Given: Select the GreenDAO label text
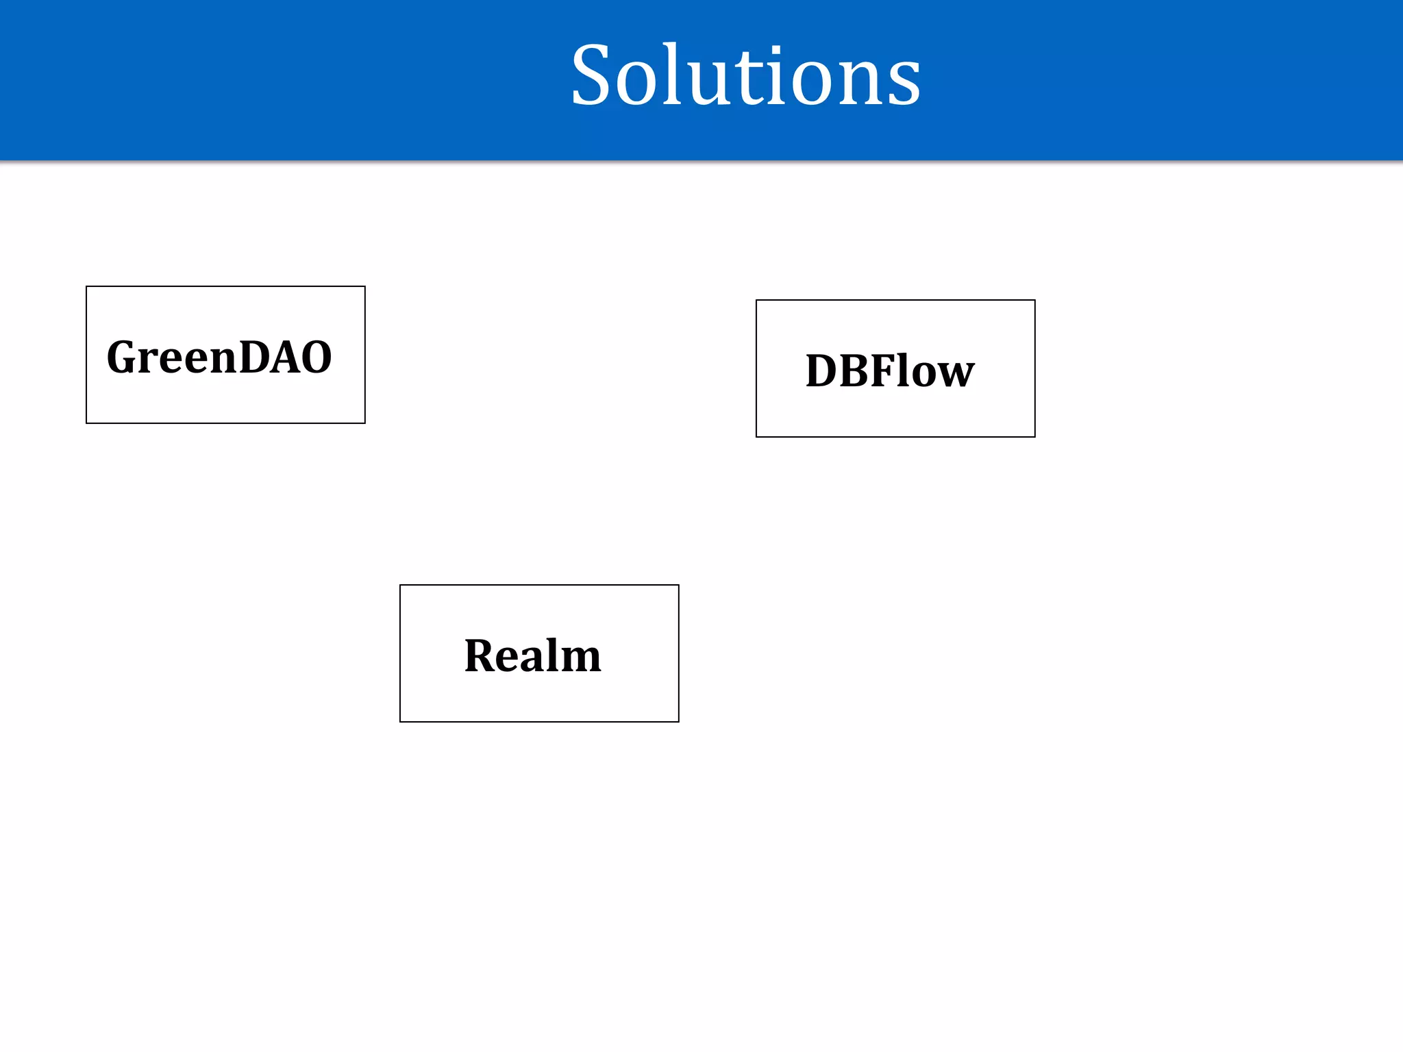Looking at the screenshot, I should pyautogui.click(x=219, y=357).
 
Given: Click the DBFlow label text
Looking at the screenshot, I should pyautogui.click(x=890, y=371).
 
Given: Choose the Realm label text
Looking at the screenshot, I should pyautogui.click(x=532, y=655).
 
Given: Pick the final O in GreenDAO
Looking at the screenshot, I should pyautogui.click(x=315, y=357).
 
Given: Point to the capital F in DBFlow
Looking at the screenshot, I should pyautogui.click(x=884, y=371).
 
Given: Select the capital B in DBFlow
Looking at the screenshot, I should pyautogui.click(x=856, y=371).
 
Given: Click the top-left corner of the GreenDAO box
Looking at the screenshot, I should pyautogui.click(x=86, y=286).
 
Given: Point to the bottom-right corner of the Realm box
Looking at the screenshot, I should pyautogui.click(x=678, y=721).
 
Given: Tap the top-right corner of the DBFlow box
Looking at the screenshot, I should pyautogui.click(x=1034, y=300).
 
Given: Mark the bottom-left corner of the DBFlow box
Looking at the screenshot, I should pyautogui.click(x=756, y=436).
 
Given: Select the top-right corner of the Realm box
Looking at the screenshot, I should pyautogui.click(x=678, y=585).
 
